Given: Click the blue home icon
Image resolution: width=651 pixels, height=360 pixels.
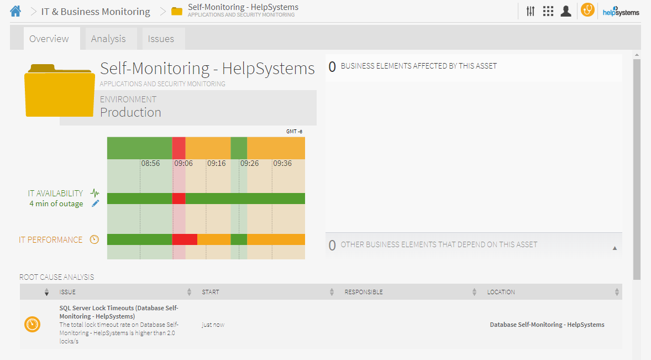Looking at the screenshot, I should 15,11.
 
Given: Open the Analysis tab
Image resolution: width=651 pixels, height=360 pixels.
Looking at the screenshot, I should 108,39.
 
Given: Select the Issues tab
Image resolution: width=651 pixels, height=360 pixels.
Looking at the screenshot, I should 161,39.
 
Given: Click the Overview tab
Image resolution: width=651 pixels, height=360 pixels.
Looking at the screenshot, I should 49,39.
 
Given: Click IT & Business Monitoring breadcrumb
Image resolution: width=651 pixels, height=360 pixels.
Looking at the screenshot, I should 96,12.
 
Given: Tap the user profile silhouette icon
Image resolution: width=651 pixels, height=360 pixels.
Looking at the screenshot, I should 565,11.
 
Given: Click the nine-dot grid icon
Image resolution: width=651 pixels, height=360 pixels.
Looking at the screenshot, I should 548,11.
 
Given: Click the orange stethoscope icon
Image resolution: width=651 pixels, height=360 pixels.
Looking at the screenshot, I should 587,11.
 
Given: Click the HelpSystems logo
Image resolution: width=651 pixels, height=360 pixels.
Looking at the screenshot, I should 621,11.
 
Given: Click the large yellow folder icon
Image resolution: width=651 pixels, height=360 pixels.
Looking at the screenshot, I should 59,90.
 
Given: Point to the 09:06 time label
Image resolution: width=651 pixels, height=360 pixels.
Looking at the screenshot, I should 183,164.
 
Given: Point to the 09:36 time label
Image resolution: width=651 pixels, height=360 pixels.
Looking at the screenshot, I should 282,164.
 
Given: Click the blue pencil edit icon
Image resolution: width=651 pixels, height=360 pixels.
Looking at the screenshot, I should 96,204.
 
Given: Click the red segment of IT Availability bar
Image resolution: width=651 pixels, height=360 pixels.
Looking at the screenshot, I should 179,199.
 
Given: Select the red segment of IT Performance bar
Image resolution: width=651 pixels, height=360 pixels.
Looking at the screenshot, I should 185,239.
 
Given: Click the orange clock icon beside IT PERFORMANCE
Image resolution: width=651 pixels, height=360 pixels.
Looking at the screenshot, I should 95,239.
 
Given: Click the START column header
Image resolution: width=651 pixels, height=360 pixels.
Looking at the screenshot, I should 211,292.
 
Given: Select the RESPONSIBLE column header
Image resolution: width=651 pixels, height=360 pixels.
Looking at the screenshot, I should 364,292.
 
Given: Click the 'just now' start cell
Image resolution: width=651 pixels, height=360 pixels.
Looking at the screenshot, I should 213,325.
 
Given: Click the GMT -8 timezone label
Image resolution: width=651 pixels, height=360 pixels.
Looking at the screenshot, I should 294,132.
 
